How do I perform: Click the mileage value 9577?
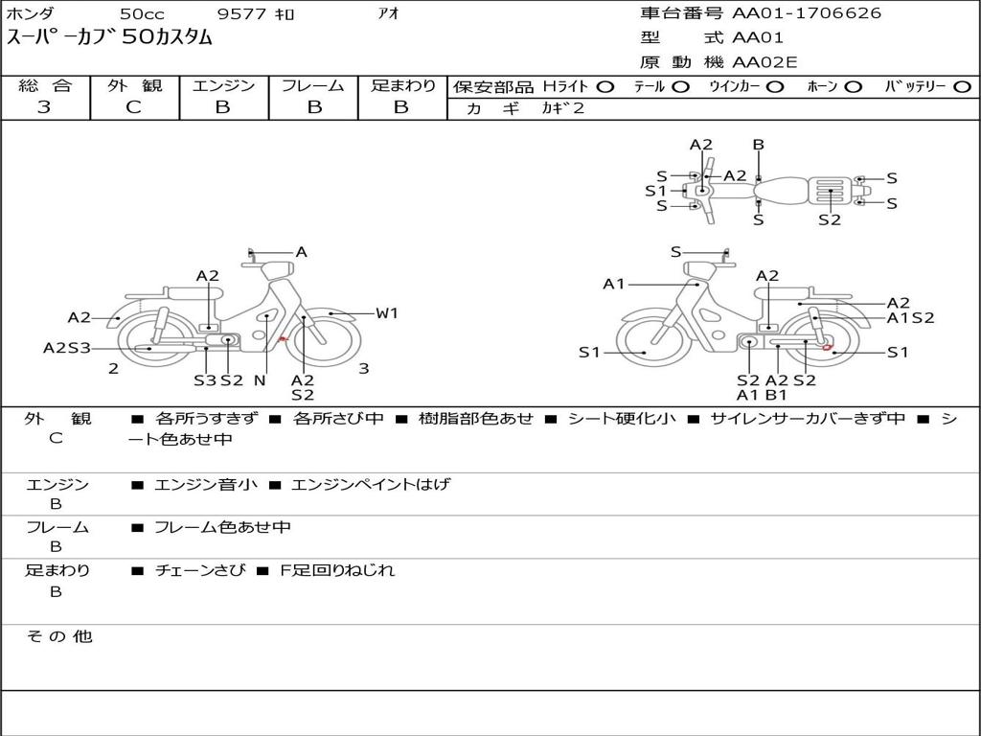pyautogui.click(x=244, y=14)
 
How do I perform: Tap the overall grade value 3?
pyautogui.click(x=44, y=107)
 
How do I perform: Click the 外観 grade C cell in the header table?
pyautogui.click(x=134, y=107)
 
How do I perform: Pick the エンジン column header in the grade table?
pyautogui.click(x=223, y=86)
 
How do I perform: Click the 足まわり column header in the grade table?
pyautogui.click(x=402, y=86)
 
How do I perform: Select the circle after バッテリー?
pyautogui.click(x=962, y=87)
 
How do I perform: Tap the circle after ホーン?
pyautogui.click(x=854, y=87)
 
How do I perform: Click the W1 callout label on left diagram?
pyautogui.click(x=387, y=312)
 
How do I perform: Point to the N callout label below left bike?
pyautogui.click(x=259, y=380)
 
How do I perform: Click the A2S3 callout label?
pyautogui.click(x=66, y=348)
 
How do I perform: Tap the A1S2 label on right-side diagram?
pyautogui.click(x=910, y=318)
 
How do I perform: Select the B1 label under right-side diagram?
pyautogui.click(x=776, y=395)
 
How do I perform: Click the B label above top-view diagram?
pyautogui.click(x=758, y=145)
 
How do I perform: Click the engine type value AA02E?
pyautogui.click(x=764, y=62)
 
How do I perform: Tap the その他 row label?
pyautogui.click(x=58, y=636)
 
